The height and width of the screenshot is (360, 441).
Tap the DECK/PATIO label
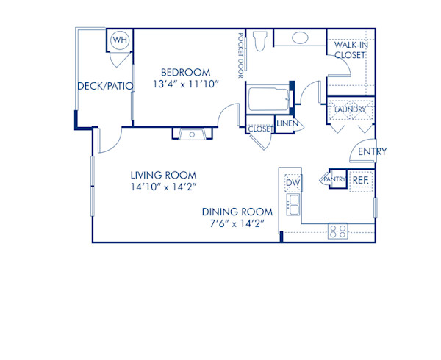105,86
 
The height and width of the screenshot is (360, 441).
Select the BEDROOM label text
186,72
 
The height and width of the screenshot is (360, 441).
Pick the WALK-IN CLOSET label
350,49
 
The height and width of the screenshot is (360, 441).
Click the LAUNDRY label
350,110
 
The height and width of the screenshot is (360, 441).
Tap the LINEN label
287,123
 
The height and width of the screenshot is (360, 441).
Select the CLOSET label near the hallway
260,129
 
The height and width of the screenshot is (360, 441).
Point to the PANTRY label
334,179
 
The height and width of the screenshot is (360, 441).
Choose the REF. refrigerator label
360,179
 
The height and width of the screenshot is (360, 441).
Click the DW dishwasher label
293,182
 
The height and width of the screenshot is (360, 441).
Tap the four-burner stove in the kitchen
337,231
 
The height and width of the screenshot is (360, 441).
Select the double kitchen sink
293,204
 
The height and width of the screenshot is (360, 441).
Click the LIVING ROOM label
163,175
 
